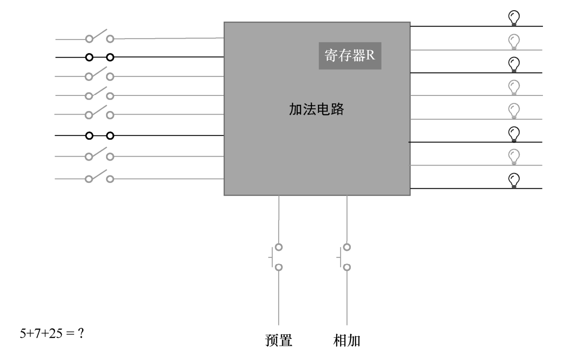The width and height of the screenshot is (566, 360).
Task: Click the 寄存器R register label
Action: pos(350,55)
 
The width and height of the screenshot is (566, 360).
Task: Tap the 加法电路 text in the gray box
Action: pos(316,109)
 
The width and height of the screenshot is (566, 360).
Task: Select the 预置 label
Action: pos(279,340)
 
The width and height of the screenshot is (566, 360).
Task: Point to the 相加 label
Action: pos(347,340)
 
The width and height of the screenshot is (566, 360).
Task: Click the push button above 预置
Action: pos(276,257)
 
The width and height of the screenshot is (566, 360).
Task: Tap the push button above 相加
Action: pos(344,257)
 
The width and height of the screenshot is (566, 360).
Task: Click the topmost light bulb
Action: pos(514,18)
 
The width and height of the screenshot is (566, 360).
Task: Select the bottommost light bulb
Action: pos(514,181)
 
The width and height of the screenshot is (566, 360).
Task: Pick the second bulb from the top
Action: pos(514,42)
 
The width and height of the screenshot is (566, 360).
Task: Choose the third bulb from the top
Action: pos(514,65)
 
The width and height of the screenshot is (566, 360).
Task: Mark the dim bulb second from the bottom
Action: pos(514,157)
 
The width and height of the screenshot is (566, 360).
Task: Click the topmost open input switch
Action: pos(99,36)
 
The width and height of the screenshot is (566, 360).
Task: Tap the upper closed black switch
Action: pos(99,57)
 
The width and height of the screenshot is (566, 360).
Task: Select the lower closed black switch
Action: pos(99,136)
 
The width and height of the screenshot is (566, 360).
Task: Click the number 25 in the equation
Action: pos(55,333)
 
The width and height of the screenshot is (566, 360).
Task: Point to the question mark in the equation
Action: pos(81,333)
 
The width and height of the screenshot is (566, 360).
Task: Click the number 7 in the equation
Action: pos(38,333)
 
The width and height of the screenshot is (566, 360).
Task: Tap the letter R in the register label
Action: pos(370,55)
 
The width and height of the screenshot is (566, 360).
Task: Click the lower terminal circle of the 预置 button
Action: pos(279,267)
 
